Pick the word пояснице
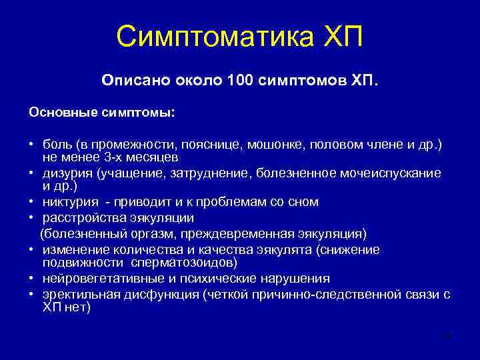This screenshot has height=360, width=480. pyautogui.click(x=198, y=145)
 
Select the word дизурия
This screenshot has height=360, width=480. pyautogui.click(x=67, y=173)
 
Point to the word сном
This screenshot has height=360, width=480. pyautogui.click(x=305, y=201)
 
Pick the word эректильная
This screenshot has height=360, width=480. pyautogui.click(x=75, y=294)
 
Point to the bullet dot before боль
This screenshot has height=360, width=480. pyautogui.click(x=31, y=146)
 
